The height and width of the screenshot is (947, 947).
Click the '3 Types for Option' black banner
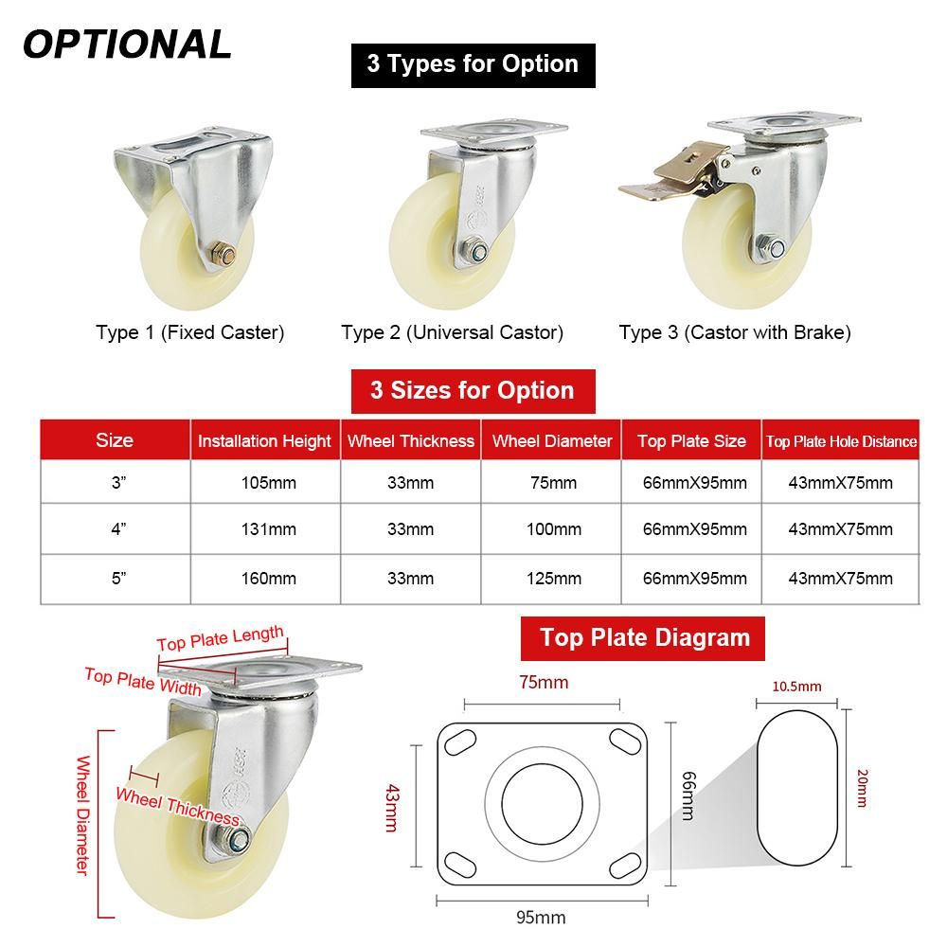(473, 65)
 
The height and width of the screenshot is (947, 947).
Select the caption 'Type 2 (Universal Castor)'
(452, 332)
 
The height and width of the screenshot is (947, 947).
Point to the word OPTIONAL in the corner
(127, 45)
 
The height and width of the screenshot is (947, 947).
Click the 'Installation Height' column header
(264, 441)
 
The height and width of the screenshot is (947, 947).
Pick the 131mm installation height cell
(269, 529)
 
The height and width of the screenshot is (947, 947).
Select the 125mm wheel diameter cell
(554, 579)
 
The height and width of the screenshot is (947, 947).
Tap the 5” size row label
(118, 578)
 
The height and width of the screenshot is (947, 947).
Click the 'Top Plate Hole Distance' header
(841, 441)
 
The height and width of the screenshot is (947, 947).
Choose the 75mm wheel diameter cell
(554, 483)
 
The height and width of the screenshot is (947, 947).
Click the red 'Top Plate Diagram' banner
(643, 638)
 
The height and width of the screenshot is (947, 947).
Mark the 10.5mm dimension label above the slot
(796, 687)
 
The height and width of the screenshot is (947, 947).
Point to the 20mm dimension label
(862, 788)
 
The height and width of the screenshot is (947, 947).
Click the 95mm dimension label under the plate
(541, 918)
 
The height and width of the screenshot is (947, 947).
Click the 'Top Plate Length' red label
(221, 638)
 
